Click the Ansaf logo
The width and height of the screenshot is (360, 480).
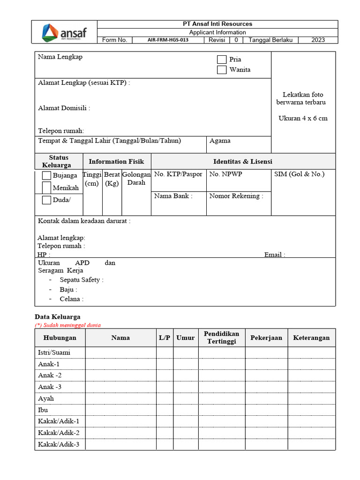coord(64,32)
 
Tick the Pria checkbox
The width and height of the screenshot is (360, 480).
coord(222,60)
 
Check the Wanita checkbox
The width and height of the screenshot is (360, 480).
coord(222,70)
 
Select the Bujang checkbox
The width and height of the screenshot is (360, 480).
coord(46,176)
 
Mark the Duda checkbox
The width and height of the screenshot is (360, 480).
coord(46,200)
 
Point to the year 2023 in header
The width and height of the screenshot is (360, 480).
coord(318,40)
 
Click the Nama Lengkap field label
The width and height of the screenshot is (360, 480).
coord(60,57)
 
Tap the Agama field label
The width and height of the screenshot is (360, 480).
coord(220,141)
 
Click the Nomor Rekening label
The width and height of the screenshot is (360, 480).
coord(236,196)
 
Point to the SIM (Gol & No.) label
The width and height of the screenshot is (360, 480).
coord(299,174)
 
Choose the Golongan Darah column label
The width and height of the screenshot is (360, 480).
coord(136,178)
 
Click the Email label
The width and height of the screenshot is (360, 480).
coord(275,255)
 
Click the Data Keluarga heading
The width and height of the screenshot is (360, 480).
coord(58,317)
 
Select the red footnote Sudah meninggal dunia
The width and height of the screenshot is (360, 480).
coord(68,325)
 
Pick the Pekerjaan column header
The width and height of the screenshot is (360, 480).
coord(266,337)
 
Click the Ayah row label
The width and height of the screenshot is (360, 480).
coord(46,398)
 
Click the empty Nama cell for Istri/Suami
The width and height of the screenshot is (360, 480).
coord(120,352)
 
